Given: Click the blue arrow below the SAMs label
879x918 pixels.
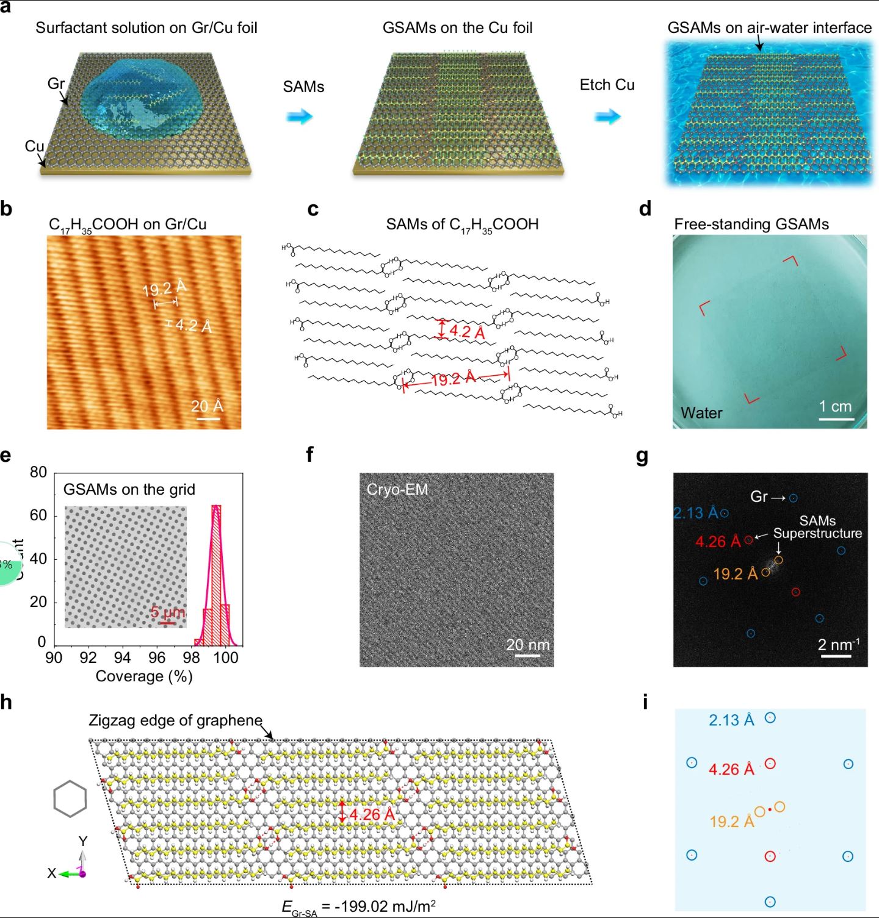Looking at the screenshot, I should [300, 116].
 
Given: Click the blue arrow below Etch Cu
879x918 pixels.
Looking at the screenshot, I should [607, 116].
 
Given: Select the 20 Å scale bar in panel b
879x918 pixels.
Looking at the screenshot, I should [208, 419].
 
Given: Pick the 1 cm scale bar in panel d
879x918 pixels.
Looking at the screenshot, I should [836, 419].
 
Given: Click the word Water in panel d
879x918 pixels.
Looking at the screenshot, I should [701, 413].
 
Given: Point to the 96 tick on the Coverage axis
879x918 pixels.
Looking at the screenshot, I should [157, 657].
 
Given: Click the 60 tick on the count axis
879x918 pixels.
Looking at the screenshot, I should [38, 515].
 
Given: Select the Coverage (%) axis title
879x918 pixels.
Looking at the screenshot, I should [144, 676].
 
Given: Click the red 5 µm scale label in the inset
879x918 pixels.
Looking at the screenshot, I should [167, 612].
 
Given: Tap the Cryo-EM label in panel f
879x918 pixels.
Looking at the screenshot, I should [397, 489].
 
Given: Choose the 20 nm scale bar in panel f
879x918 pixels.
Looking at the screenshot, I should [527, 655].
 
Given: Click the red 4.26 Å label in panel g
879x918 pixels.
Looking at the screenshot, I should [718, 542].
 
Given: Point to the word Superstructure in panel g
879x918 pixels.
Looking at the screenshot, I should [817, 533].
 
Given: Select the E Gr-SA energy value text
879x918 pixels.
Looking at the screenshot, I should [359, 906].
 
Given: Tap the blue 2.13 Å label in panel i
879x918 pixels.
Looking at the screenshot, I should [731, 720].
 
